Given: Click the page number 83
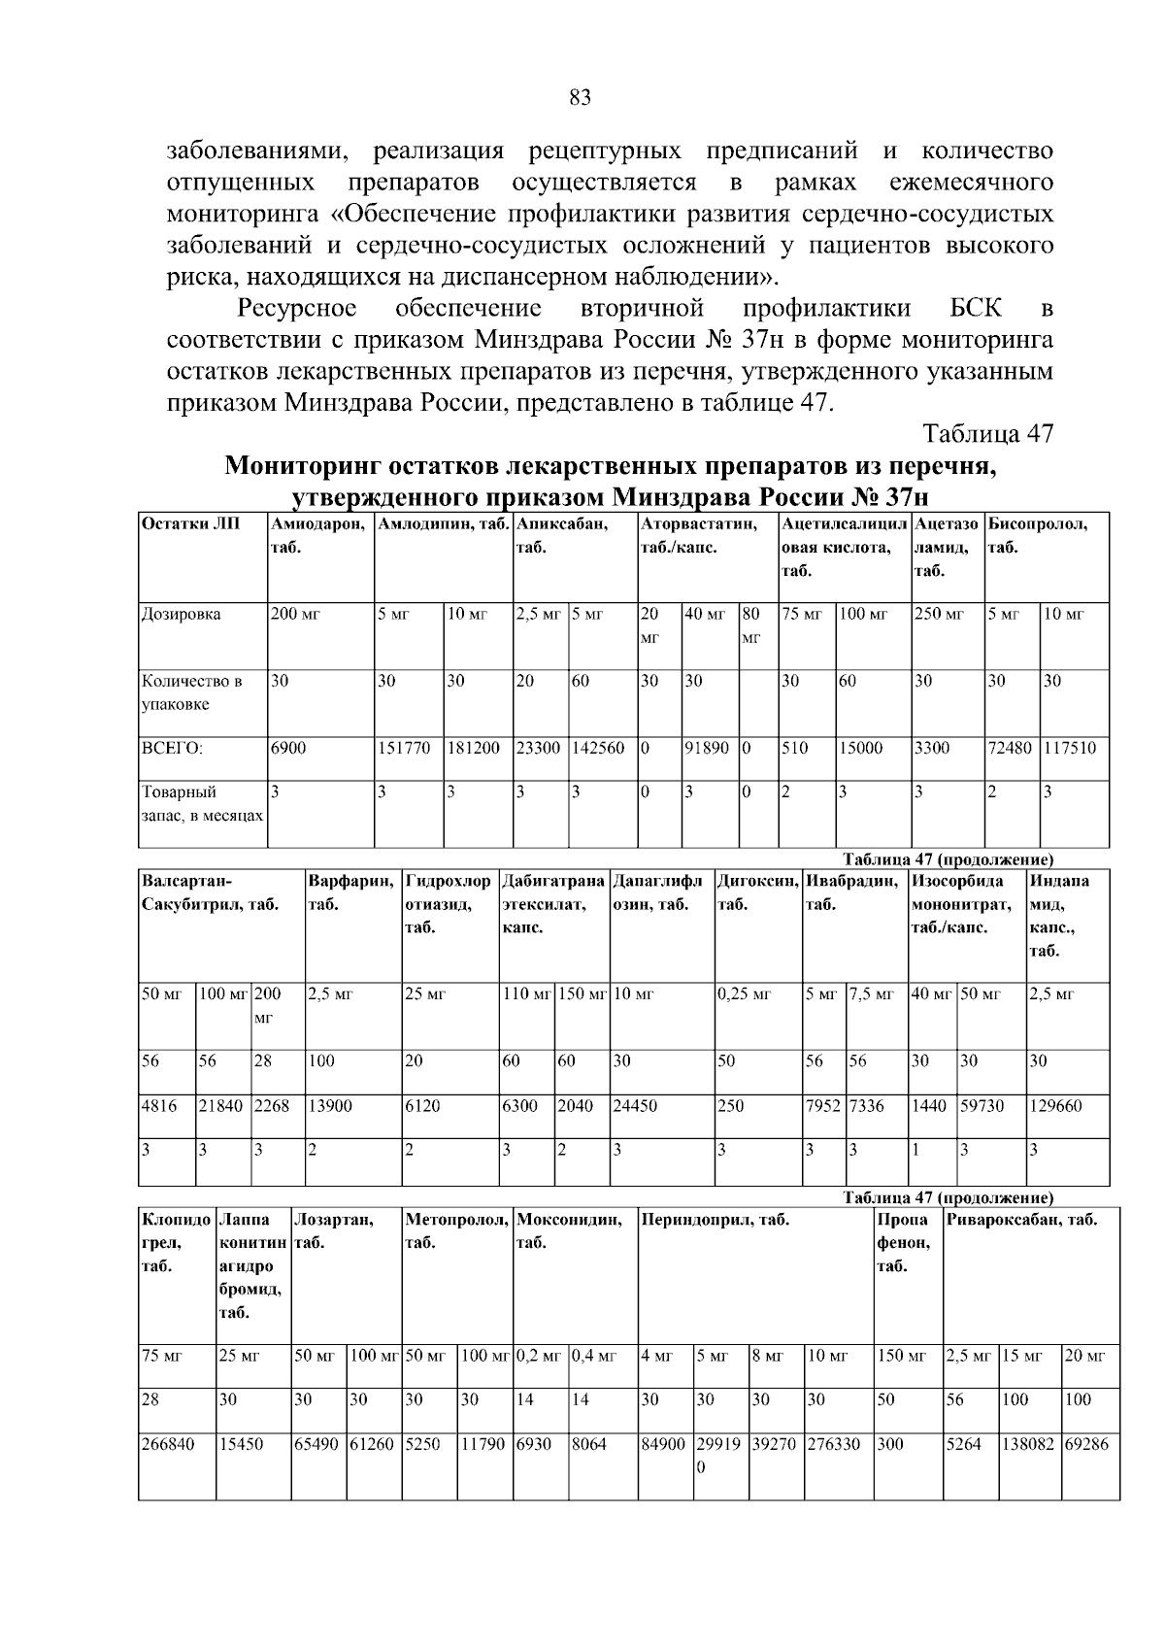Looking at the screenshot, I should point(580,97).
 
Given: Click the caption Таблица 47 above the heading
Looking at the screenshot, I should point(987,433).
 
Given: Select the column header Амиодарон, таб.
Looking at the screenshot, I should point(318,535).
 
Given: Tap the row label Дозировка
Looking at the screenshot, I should point(182,614).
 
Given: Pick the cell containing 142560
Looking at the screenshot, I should point(598,748).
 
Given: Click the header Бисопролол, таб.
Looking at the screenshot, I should point(1036,535).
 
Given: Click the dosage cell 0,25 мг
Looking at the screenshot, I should point(744,994).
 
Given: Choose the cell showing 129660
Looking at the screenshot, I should point(1055,1105).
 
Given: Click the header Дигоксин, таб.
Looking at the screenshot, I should point(757,892).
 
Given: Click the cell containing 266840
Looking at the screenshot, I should point(168,1444).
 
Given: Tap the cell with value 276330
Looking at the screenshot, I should point(833,1444).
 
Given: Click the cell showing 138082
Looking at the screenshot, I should point(1028,1444).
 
